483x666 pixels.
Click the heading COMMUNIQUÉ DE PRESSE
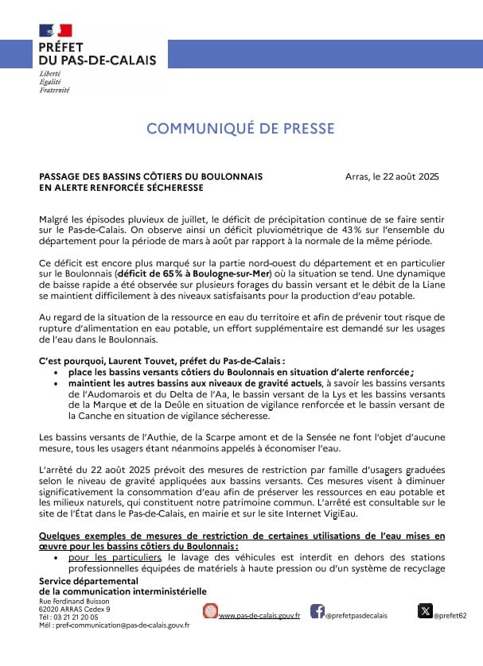click(x=240, y=129)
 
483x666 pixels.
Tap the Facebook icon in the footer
click(x=317, y=611)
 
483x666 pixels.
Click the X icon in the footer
click(x=425, y=611)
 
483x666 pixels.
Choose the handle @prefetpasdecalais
click(x=358, y=616)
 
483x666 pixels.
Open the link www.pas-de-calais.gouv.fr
click(x=259, y=616)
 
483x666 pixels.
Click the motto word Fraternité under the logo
click(x=54, y=90)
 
